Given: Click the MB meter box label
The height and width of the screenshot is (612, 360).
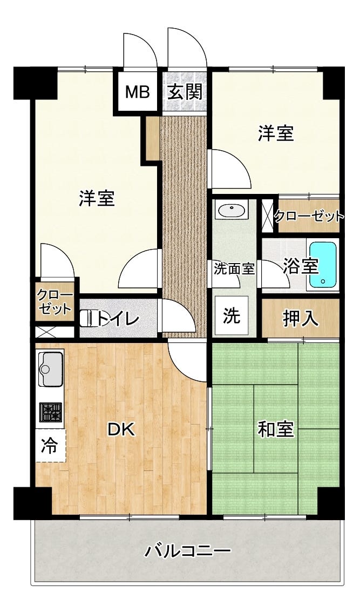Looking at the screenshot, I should tap(138, 92).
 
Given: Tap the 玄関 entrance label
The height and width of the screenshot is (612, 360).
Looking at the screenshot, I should tap(185, 92).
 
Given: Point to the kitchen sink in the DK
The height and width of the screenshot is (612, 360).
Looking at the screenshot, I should tap(50, 368).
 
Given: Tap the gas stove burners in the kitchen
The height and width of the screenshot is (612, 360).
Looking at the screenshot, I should tap(50, 412).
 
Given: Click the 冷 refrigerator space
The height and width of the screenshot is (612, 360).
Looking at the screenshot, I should tap(50, 446).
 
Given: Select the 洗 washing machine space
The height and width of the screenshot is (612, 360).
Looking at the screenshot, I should tap(232, 316).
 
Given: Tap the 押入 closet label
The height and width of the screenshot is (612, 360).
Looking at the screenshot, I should tap(301, 319).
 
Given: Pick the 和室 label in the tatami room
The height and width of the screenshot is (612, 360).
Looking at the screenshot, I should tap(276, 429).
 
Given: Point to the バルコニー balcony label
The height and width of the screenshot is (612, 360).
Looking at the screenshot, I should tap(188, 552).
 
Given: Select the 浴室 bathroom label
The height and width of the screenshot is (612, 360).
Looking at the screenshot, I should tap(300, 266).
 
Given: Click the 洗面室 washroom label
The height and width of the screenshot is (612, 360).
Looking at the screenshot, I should tap(234, 268).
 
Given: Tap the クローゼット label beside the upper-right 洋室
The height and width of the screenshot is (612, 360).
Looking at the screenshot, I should tap(309, 217).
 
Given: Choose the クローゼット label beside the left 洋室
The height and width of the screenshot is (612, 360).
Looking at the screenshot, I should tap(54, 302).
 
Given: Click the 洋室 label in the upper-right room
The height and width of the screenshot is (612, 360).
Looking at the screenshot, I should tap(276, 133).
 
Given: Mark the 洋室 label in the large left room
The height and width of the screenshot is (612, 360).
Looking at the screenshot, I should tap(97, 198).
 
